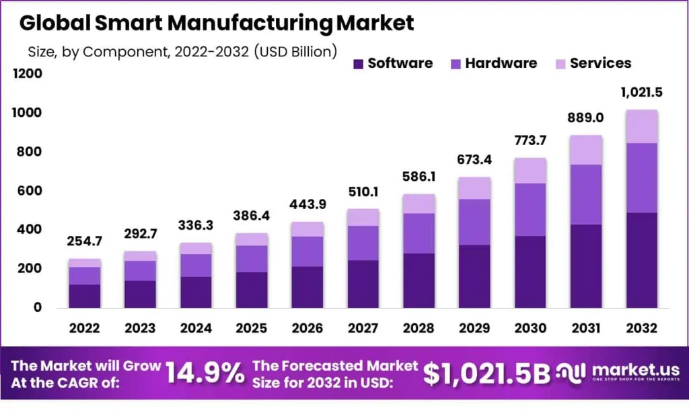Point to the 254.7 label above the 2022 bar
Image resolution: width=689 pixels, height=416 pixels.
pyautogui.click(x=84, y=241)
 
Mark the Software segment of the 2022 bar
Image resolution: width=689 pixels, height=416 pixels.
pyautogui.click(x=84, y=296)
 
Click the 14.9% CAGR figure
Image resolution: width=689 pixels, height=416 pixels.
pyautogui.click(x=205, y=372)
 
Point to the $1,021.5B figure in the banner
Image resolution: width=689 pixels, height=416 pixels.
pyautogui.click(x=486, y=374)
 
